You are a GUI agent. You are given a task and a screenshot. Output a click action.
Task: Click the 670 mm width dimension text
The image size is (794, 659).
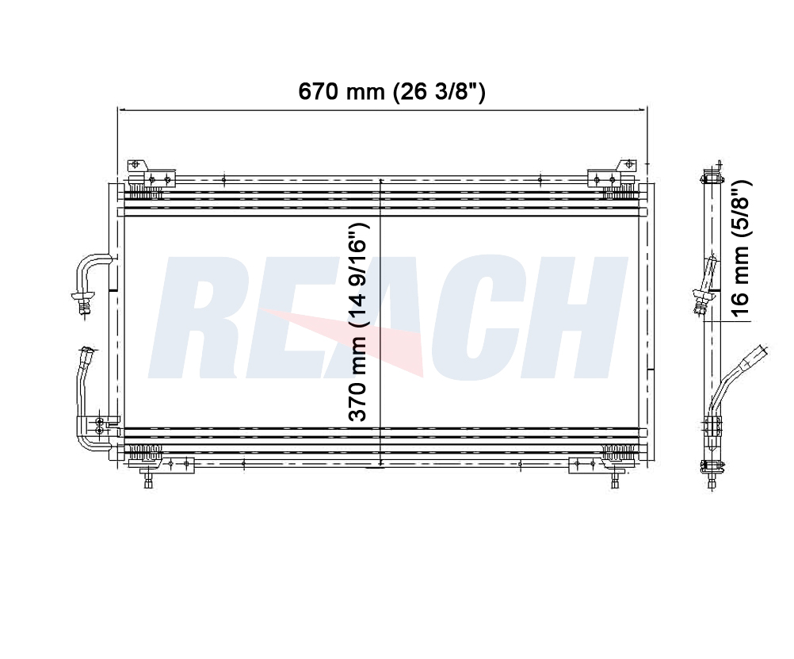(391, 92)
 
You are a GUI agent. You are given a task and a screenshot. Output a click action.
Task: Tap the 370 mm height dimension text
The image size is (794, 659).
(357, 322)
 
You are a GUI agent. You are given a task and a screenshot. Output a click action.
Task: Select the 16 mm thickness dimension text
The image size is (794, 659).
(740, 248)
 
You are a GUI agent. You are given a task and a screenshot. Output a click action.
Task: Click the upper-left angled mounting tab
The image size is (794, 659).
(137, 165)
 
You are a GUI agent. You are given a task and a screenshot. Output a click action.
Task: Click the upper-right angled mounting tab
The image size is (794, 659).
(626, 165)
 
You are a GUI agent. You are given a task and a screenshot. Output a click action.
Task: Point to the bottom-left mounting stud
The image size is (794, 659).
(148, 477)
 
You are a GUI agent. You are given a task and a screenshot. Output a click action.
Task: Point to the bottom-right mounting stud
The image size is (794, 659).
(615, 477)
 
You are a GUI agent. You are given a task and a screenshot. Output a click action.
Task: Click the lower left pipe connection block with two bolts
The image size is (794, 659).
(99, 426)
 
